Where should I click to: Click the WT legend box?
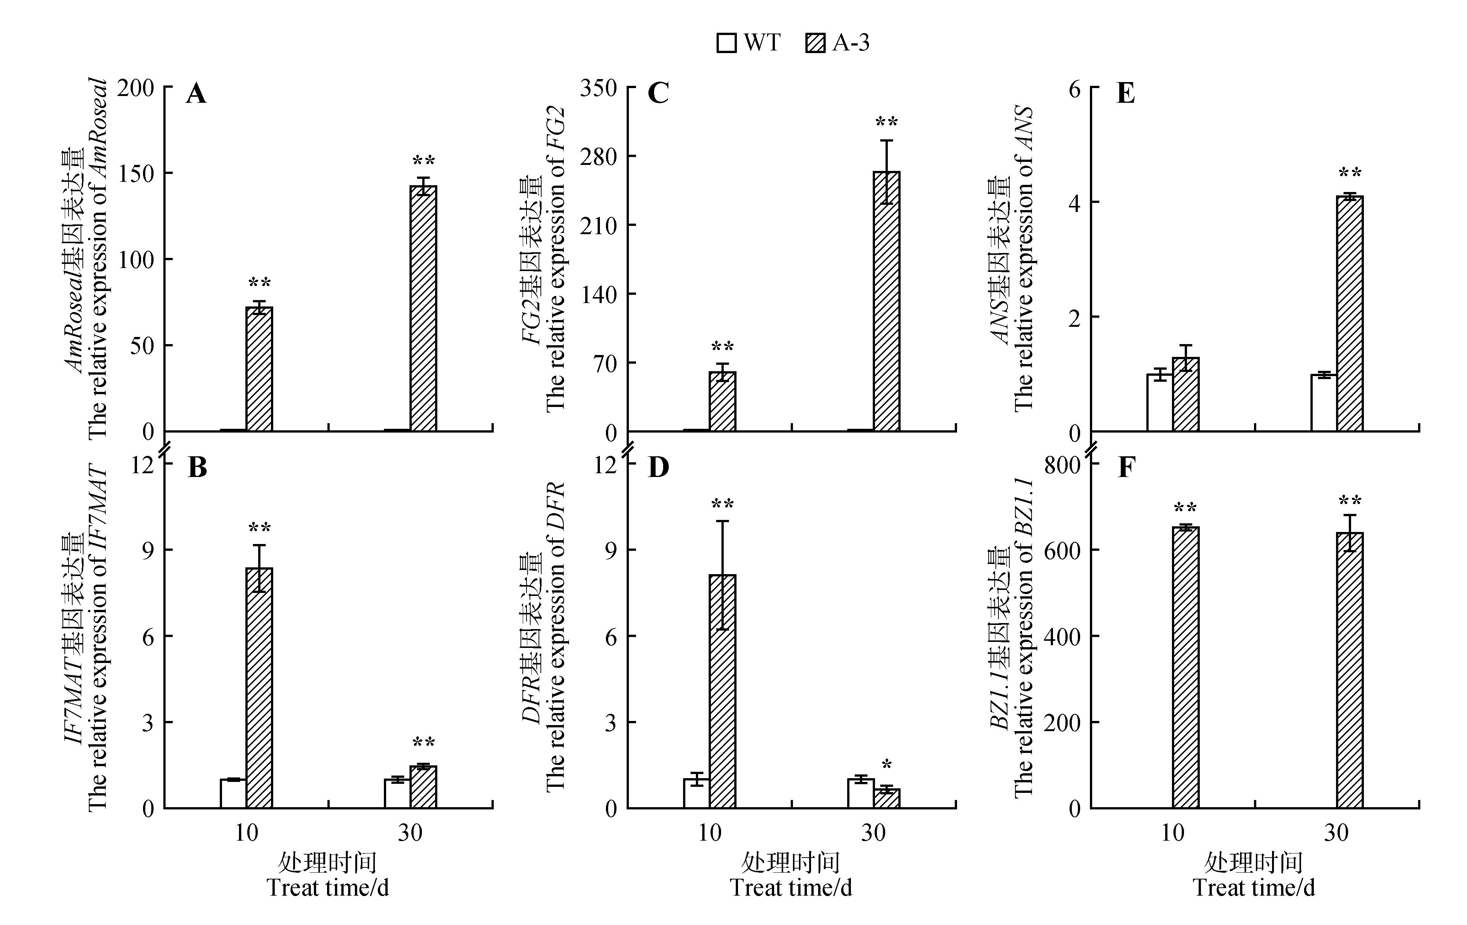coord(727,43)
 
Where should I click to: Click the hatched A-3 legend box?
coord(815,43)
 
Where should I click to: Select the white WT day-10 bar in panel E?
coord(1160,403)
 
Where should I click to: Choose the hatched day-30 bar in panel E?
coord(1350,314)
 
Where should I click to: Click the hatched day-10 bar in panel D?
coord(723,692)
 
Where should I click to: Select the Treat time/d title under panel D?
coord(791,887)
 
